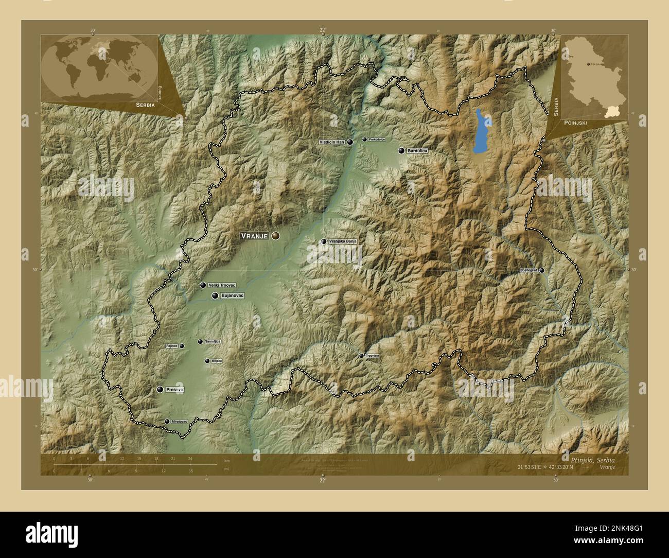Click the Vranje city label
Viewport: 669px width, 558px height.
(254, 236)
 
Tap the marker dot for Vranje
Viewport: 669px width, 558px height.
(276, 236)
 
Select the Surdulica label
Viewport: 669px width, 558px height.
(417, 151)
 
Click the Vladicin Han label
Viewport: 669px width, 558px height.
(331, 142)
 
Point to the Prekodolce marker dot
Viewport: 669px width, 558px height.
(364, 139)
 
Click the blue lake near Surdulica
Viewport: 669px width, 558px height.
(482, 131)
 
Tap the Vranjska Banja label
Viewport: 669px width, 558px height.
(343, 241)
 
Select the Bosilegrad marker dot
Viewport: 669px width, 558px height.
(541, 270)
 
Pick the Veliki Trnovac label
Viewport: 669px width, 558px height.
(222, 285)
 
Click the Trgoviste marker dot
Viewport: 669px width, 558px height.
(361, 356)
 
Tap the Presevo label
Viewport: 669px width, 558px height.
(174, 390)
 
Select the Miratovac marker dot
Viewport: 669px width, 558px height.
(167, 422)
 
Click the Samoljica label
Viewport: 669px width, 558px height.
(213, 342)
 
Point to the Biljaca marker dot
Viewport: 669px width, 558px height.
(207, 361)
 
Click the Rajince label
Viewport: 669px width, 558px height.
(172, 346)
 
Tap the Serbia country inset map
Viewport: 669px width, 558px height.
(594, 77)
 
